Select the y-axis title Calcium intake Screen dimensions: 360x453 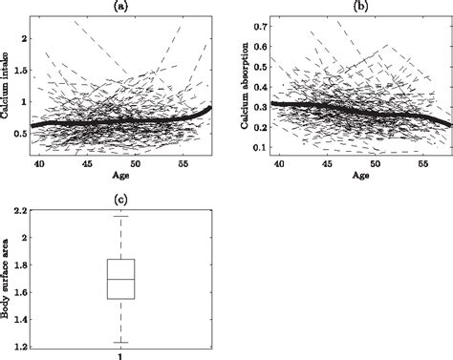coord(8,84)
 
